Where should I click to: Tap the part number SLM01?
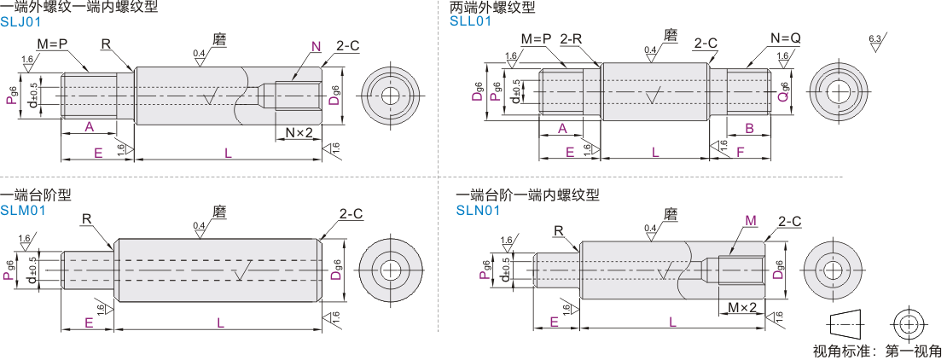coord(22,209)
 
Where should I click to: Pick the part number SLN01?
coord(479,209)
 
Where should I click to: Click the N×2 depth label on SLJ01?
coord(299,132)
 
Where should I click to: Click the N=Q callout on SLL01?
coord(785,38)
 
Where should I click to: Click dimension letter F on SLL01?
coord(741,151)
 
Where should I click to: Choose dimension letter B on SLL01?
coord(749,128)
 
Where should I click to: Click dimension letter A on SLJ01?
coord(89,127)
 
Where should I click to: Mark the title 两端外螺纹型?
coord(493,7)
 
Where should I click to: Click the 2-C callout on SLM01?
coord(351,214)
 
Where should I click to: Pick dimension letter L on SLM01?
coord(220,322)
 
